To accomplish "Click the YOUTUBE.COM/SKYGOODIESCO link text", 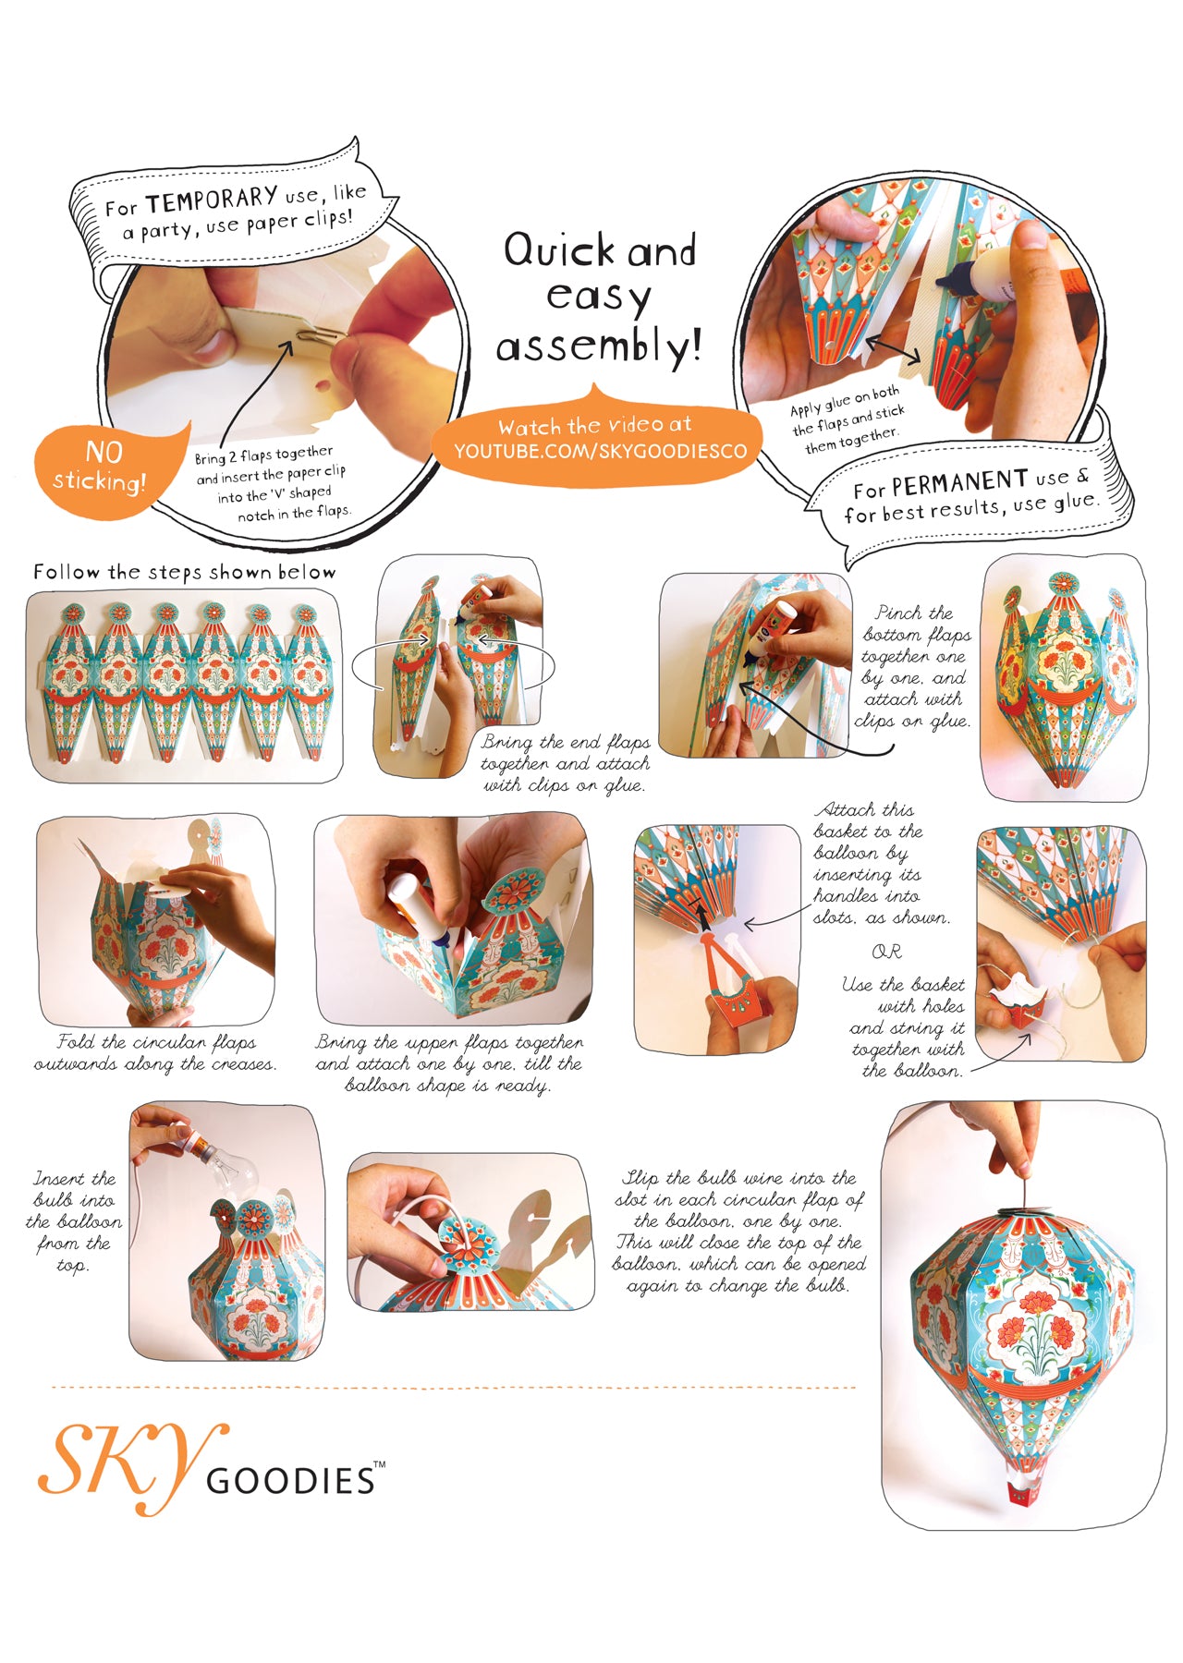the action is click(600, 451).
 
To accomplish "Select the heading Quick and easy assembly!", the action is click(600, 297).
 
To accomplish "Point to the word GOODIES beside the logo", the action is click(290, 1480).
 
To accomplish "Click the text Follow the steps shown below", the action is click(185, 572).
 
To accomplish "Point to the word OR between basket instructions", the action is click(886, 952).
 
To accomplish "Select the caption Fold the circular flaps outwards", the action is click(155, 1053).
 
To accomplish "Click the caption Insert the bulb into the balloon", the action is click(75, 1221).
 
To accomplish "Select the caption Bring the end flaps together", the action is click(565, 764).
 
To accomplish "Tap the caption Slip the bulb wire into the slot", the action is click(739, 1232).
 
